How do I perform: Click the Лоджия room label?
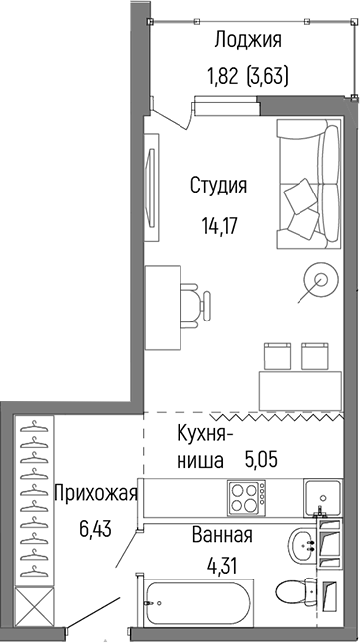coord(249,41)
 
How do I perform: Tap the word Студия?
coord(218,186)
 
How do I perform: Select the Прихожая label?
coord(95,493)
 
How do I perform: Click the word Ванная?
coord(222,536)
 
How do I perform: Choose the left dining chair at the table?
coord(277,354)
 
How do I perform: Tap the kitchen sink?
coord(323,496)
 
